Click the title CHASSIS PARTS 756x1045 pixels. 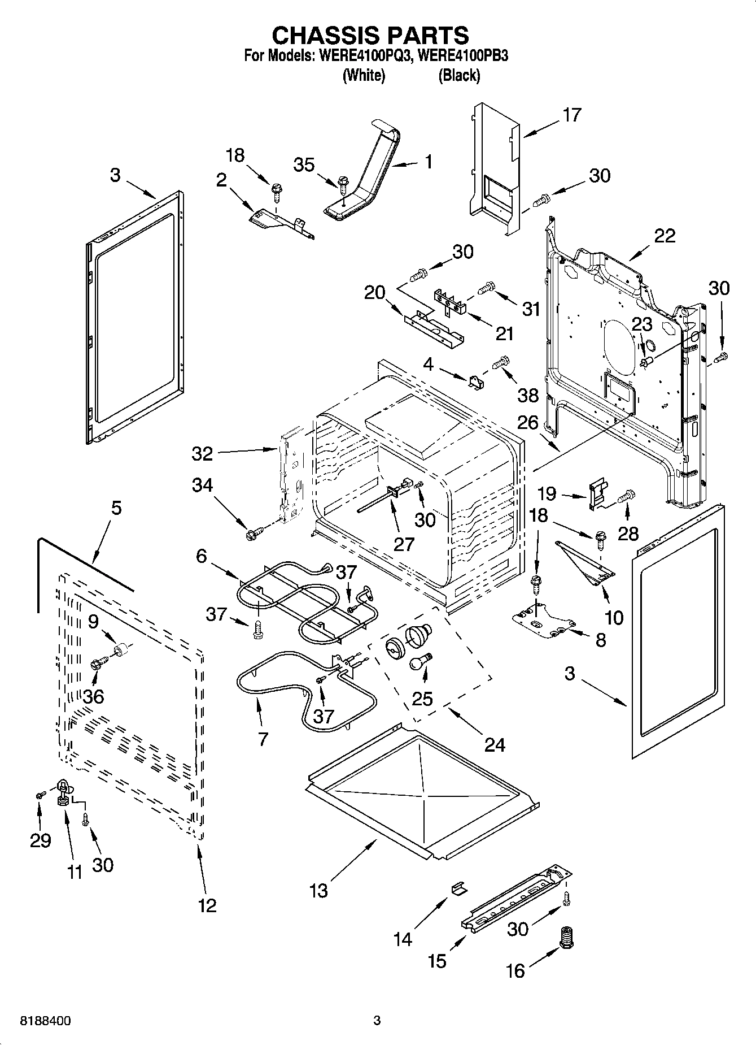(x=370, y=35)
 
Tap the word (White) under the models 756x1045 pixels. (x=364, y=75)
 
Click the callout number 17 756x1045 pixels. (x=571, y=115)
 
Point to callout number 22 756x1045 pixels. (x=665, y=235)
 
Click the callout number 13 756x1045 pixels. (x=318, y=891)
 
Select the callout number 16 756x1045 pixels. (x=515, y=971)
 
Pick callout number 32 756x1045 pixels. (x=202, y=453)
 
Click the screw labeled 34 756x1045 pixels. (x=254, y=532)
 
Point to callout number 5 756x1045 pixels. (x=116, y=508)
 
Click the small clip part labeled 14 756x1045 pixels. (x=458, y=889)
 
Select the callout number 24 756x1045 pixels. (x=495, y=745)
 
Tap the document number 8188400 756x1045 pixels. (x=45, y=1021)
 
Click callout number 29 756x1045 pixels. (x=40, y=840)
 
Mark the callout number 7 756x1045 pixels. (x=263, y=738)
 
